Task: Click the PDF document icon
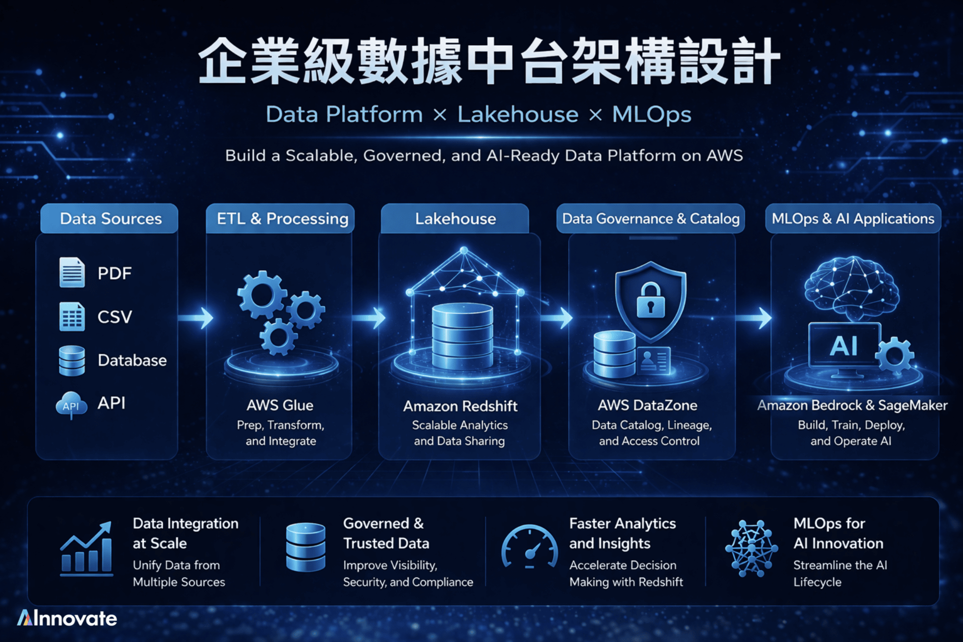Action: pos(72,273)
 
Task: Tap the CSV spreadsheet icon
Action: pos(72,316)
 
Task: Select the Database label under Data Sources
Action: pos(132,360)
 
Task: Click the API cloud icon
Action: pos(71,405)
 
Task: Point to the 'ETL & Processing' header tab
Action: pos(282,219)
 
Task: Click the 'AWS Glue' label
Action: pos(280,405)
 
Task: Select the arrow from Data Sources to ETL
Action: pos(196,318)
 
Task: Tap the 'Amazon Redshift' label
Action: pos(460,406)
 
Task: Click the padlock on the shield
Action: pos(651,301)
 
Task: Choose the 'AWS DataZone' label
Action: pos(647,405)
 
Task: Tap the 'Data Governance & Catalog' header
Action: pos(651,219)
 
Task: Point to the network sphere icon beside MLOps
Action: pos(751,548)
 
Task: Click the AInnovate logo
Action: pos(67,618)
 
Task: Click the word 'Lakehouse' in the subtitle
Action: pos(518,114)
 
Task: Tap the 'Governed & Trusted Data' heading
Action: pos(386,533)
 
